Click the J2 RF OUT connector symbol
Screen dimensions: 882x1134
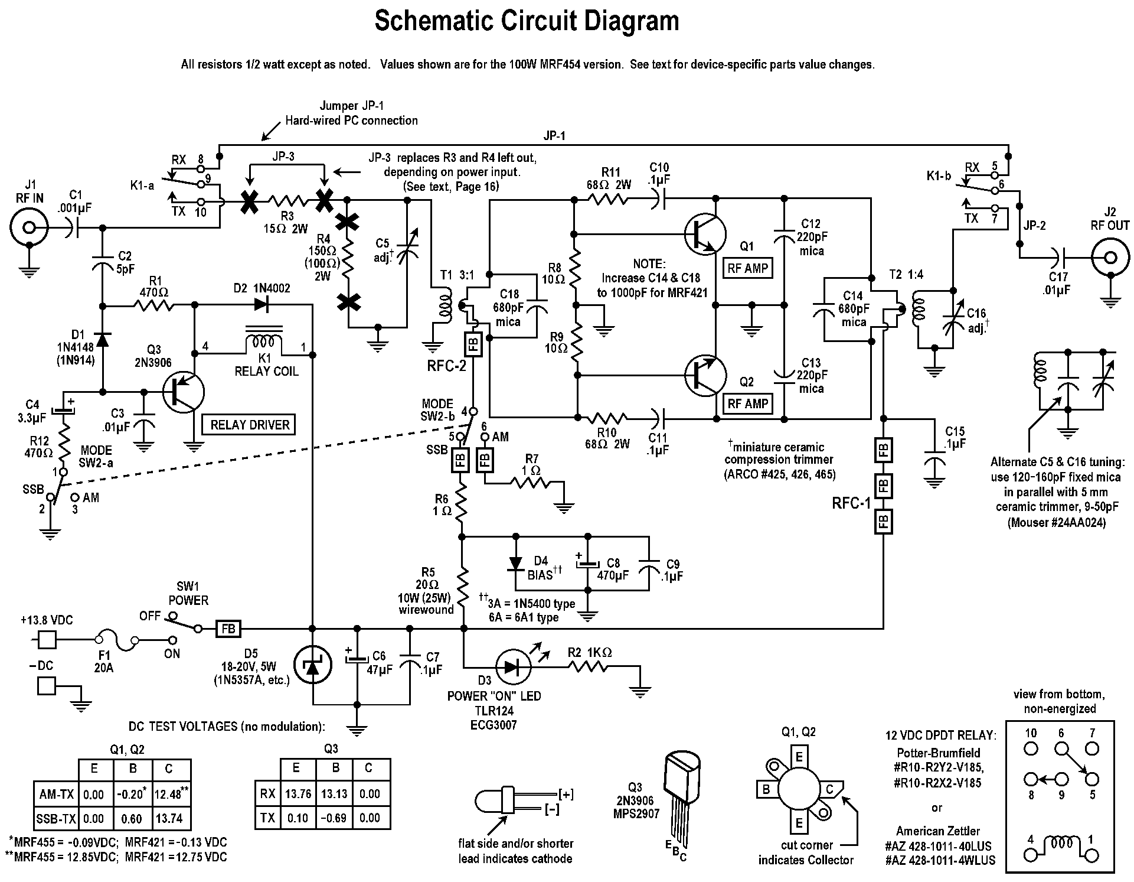tap(1110, 257)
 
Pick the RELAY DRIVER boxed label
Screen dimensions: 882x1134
tap(250, 425)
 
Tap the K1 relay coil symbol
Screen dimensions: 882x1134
tap(263, 341)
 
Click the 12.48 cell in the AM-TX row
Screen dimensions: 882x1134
tap(169, 795)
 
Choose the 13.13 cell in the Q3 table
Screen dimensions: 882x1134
tap(334, 793)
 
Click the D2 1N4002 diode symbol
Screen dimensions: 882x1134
tap(262, 305)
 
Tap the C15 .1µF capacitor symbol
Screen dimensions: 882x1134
tap(934, 459)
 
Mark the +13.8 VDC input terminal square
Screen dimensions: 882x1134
tap(47, 640)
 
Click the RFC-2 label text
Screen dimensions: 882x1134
tap(446, 366)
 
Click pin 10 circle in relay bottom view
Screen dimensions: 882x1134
tap(1031, 748)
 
